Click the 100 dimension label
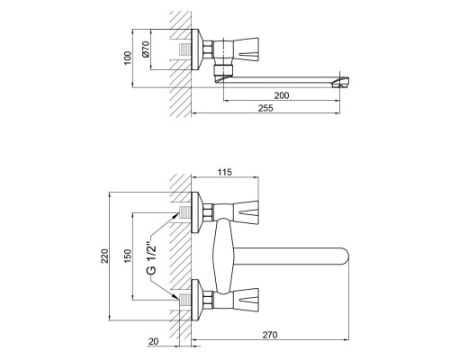point(128,58)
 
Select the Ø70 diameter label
point(146,49)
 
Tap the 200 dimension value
point(282,95)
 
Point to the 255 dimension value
point(265,108)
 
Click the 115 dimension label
point(225,172)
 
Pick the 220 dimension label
point(104,256)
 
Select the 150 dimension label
point(128,256)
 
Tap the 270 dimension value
point(270,335)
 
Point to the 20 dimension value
point(153,341)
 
